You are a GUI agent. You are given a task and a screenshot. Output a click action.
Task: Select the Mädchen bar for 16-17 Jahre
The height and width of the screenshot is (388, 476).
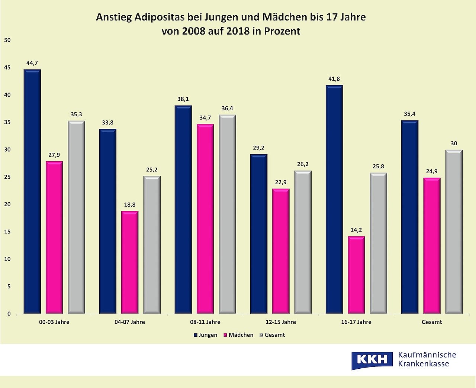coord(356,275)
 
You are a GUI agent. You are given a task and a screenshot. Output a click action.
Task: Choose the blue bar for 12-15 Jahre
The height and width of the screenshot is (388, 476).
coord(259,234)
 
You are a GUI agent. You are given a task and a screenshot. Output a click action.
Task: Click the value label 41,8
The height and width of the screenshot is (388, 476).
coord(334,79)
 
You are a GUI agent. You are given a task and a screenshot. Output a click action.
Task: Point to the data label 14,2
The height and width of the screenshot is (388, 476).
coord(356,230)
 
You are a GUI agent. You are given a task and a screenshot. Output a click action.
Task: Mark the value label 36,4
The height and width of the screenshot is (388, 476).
coord(227,109)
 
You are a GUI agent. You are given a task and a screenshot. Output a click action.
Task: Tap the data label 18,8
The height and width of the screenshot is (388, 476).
coord(130,205)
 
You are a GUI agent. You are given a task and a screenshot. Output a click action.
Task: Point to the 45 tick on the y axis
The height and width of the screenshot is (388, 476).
coord(7,68)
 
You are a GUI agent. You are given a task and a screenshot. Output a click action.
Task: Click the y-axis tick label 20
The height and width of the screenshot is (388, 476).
coord(7,204)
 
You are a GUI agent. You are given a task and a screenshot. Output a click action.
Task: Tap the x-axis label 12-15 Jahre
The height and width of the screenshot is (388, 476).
coord(281,322)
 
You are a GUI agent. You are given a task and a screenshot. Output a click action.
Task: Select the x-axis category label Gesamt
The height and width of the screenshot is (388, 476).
coord(432,322)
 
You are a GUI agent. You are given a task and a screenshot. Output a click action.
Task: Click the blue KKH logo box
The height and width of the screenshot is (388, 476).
coord(372,359)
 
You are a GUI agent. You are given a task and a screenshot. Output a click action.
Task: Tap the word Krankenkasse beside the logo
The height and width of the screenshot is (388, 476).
coord(424,364)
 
